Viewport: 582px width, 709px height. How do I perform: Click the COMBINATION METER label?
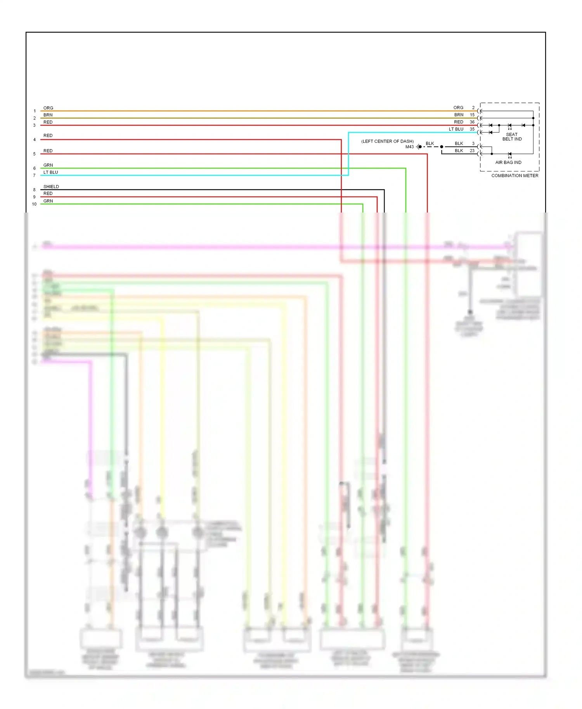pyautogui.click(x=514, y=176)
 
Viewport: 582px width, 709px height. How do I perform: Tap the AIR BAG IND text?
pyautogui.click(x=508, y=163)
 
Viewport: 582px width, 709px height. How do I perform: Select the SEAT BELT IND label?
pyautogui.click(x=512, y=137)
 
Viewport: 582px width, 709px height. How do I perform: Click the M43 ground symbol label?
pyautogui.click(x=409, y=147)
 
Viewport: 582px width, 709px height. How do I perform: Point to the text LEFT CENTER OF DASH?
pyautogui.click(x=387, y=141)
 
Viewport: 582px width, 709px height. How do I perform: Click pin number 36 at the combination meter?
pyautogui.click(x=472, y=122)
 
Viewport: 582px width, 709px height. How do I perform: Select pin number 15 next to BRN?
pyautogui.click(x=472, y=115)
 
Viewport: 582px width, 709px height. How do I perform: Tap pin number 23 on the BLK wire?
pyautogui.click(x=472, y=150)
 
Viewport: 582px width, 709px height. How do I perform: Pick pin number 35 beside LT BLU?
pyautogui.click(x=472, y=129)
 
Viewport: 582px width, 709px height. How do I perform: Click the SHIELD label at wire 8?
pyautogui.click(x=51, y=187)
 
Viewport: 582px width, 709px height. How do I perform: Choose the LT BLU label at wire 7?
pyautogui.click(x=50, y=172)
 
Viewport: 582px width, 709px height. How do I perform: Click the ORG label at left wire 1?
pyautogui.click(x=48, y=108)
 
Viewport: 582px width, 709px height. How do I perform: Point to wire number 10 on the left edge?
pyautogui.click(x=34, y=204)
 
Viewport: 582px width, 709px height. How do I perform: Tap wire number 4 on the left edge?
pyautogui.click(x=34, y=140)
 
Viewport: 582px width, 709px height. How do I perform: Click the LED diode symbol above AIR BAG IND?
pyautogui.click(x=509, y=154)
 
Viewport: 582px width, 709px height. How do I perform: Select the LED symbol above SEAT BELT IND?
pyautogui.click(x=509, y=126)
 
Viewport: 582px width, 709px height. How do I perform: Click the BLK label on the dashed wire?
pyautogui.click(x=430, y=144)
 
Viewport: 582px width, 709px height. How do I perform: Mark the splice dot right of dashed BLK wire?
pyautogui.click(x=442, y=147)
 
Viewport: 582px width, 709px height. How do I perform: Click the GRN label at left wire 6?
pyautogui.click(x=48, y=165)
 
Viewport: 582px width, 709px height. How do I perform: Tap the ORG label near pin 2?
pyautogui.click(x=458, y=107)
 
